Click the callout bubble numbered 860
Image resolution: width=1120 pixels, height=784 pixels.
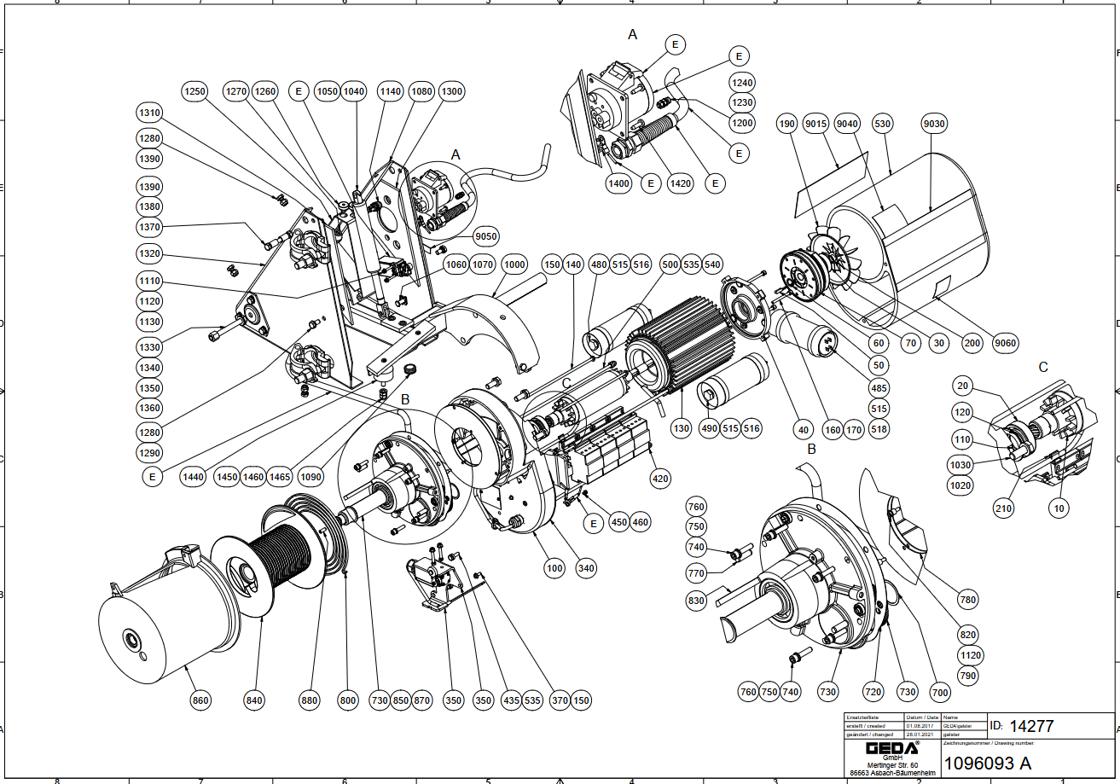200,700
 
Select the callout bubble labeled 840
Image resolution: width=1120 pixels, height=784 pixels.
254,700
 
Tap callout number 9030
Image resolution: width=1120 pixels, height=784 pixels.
935,124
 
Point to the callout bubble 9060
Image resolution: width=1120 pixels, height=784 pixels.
1007,343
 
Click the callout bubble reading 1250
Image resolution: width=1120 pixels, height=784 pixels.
195,91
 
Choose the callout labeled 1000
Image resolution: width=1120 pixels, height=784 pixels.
514,264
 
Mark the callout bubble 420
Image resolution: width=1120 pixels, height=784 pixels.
660,478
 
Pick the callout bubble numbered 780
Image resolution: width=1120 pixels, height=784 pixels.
967,601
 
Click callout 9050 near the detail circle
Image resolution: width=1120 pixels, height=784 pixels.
486,236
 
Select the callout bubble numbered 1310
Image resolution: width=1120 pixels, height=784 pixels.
150,113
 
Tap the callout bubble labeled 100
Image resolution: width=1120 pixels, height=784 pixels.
554,567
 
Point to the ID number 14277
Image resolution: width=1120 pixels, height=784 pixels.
1032,727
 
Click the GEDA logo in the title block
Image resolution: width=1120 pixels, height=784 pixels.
880,748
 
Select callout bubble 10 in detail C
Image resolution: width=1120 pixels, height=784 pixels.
1060,508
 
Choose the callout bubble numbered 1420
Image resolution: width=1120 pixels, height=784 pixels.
681,183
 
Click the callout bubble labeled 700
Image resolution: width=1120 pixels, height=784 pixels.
939,692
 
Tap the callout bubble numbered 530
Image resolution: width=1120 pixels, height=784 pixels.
882,124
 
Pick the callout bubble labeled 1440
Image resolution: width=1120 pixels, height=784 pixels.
194,477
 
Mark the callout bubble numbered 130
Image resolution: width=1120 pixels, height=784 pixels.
681,427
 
